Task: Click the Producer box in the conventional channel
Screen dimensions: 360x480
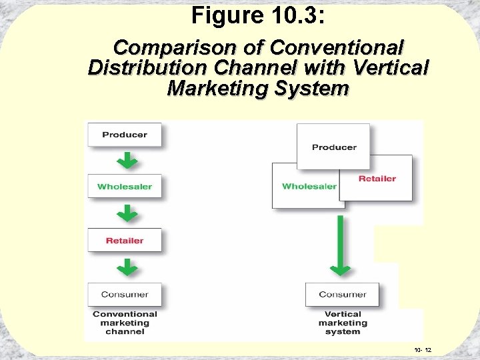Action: point(125,135)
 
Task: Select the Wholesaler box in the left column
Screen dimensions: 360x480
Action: point(125,187)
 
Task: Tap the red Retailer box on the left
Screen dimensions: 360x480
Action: point(125,241)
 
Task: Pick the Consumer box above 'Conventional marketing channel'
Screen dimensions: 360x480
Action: point(125,295)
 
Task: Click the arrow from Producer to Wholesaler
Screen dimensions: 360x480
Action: point(128,160)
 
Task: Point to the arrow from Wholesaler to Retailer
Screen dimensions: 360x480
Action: point(128,213)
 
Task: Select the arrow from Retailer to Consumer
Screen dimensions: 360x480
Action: point(128,267)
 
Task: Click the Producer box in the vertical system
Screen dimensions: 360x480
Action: point(334,147)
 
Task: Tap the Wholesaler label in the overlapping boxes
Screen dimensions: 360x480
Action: point(309,186)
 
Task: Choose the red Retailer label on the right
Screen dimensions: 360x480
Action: point(377,179)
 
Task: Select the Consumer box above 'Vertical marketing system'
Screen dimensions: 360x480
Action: point(342,295)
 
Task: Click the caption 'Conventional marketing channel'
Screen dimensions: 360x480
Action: point(125,323)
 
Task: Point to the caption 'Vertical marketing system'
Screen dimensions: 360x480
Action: point(343,323)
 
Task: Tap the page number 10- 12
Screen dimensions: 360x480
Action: point(423,350)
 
